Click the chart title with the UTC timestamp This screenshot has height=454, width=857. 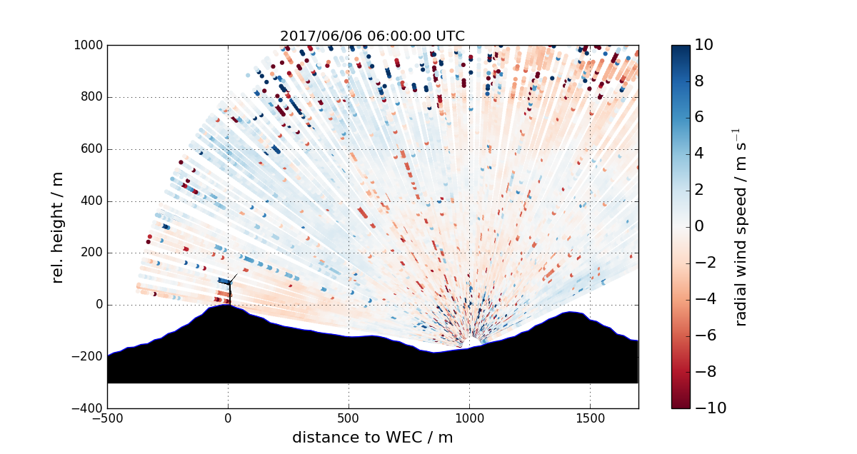(x=372, y=36)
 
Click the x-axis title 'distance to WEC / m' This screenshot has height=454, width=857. (x=372, y=437)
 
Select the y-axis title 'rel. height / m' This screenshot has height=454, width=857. (x=59, y=227)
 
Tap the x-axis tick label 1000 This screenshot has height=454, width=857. (x=469, y=418)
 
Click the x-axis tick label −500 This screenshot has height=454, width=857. (x=107, y=418)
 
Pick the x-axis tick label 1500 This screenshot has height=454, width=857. (x=590, y=418)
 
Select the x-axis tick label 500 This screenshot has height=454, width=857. (x=349, y=418)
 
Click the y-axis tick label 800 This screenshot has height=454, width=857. (x=91, y=98)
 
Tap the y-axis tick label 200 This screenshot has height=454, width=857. (x=91, y=253)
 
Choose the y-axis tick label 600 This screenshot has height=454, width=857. (x=91, y=150)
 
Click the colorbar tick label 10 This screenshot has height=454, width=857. (x=705, y=45)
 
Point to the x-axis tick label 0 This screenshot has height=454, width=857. (x=228, y=418)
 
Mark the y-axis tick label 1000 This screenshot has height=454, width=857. (x=88, y=46)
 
